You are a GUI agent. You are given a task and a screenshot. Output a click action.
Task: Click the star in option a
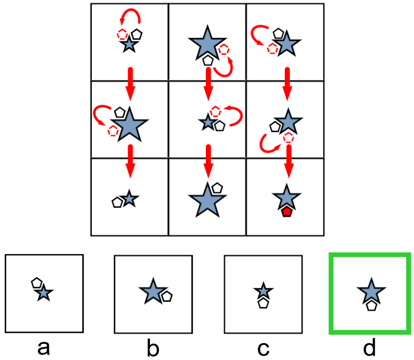(44, 293)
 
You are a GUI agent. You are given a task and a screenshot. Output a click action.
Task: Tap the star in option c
(263, 291)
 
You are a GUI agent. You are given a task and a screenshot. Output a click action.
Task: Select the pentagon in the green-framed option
(370, 306)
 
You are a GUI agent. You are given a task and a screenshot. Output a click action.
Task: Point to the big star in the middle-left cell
(130, 124)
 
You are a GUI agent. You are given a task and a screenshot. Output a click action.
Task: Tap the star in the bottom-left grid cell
(129, 198)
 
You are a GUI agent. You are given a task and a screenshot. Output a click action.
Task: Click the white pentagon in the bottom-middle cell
(217, 189)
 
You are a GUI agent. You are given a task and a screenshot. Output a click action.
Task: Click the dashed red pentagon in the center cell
(215, 111)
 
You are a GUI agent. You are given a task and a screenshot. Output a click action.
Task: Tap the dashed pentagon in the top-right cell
(272, 49)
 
